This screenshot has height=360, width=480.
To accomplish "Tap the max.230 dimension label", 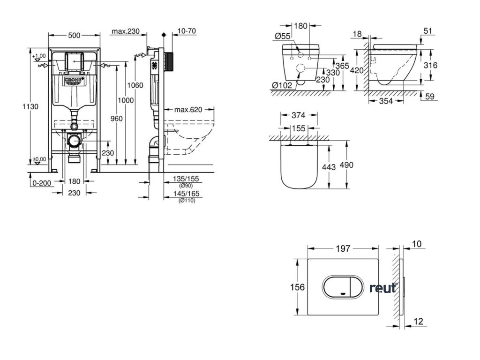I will pos(126,31).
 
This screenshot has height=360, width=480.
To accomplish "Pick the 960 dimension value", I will pos(116,119).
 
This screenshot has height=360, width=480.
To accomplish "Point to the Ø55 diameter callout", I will pos(284,35).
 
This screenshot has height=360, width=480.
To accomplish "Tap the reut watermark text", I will pos(382,288).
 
